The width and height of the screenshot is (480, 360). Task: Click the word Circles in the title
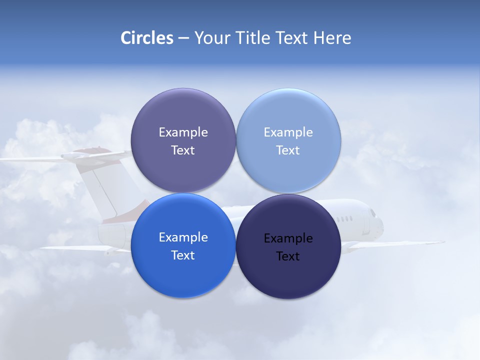coord(147,38)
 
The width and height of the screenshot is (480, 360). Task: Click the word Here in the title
coord(332,38)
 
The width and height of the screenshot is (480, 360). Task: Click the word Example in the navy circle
coord(288,238)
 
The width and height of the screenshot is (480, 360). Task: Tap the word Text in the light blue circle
coord(288,150)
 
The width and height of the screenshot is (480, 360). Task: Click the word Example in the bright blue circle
coord(183,237)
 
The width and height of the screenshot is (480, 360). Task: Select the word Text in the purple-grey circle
coord(183,150)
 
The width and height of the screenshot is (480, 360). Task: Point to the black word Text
coord(288,256)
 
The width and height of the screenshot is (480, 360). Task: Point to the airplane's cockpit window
coord(373,213)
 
